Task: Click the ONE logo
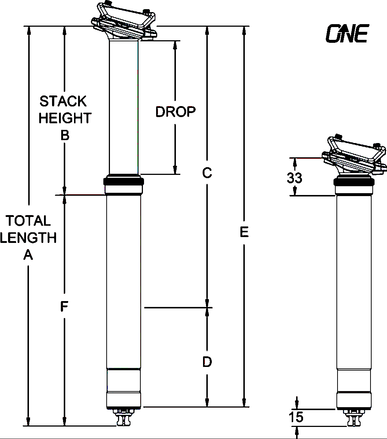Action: coord(347,33)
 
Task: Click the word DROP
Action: coord(175,112)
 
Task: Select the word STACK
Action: coord(63,101)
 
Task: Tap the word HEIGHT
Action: coord(65,118)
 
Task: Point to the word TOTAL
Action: coord(28,221)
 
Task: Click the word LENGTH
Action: coord(28,238)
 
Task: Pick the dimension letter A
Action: coord(28,255)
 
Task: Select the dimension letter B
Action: coord(65,136)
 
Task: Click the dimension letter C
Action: coord(207,173)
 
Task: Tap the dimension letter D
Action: coord(207,362)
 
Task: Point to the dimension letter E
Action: coord(244,232)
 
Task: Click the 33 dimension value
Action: coord(294,178)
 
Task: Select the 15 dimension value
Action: coord(296,417)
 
